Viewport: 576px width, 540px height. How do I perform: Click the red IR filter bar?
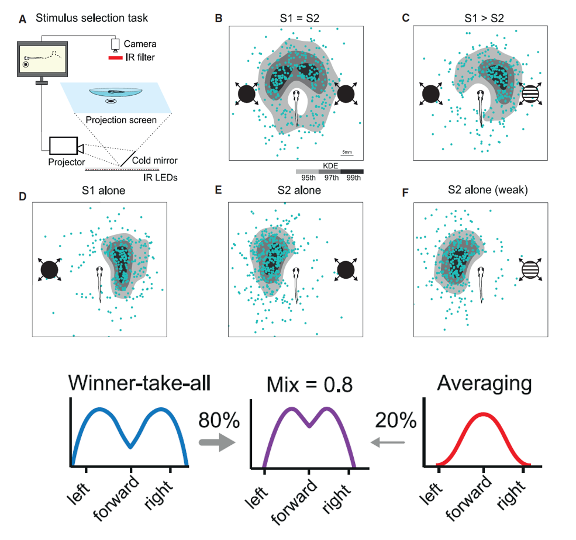115,58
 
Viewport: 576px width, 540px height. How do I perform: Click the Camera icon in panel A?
115,45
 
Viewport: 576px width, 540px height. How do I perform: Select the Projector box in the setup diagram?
64,146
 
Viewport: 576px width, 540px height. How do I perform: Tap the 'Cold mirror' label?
154,160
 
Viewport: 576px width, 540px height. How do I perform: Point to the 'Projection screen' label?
121,120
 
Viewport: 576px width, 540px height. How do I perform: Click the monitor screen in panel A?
42,59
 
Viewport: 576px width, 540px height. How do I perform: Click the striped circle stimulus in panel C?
530,94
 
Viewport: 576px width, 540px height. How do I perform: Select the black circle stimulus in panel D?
50,270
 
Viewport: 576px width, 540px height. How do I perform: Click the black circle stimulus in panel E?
345,270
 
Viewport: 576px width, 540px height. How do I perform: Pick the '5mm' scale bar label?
347,152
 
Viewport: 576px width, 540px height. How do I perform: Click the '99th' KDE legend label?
353,178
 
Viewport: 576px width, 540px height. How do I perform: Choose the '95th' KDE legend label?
308,178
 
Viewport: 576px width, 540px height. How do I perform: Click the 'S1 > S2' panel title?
484,18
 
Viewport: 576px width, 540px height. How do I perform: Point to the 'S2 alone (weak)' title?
488,190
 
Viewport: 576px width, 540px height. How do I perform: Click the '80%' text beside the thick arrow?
219,420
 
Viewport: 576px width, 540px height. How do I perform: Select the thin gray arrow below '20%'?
388,442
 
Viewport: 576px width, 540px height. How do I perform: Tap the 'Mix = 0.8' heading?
309,385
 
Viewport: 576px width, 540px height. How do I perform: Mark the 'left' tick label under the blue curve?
78,493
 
